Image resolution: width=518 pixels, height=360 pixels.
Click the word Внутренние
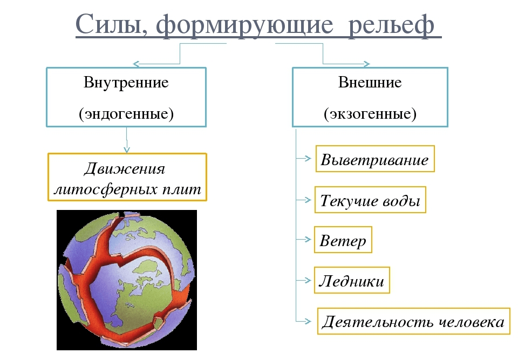point(126,83)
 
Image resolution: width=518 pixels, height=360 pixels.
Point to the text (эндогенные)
point(126,114)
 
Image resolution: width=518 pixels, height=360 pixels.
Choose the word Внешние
point(370,83)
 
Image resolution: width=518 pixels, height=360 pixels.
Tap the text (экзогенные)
point(370,114)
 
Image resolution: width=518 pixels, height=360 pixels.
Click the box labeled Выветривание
point(375,159)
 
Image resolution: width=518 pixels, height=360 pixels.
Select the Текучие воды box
point(370,201)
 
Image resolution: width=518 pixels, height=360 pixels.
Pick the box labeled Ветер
point(343,241)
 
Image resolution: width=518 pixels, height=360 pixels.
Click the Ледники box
point(352,281)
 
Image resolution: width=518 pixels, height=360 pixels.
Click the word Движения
point(125,169)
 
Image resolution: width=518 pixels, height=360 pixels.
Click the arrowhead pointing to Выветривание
point(309,159)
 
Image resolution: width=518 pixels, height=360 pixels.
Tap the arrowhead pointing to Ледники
point(308,280)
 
